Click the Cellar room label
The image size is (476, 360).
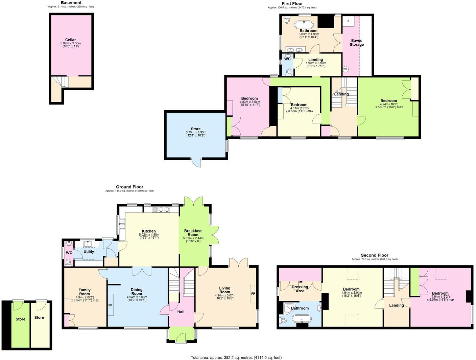click(70, 40)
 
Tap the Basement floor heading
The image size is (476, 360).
click(71, 3)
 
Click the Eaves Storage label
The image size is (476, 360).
click(356, 42)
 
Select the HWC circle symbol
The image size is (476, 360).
click(345, 69)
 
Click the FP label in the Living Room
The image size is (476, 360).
click(253, 294)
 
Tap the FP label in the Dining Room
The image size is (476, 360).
click(110, 305)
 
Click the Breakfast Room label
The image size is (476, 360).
click(193, 233)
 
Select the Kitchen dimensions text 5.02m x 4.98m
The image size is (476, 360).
click(149, 235)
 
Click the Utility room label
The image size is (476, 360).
click(89, 252)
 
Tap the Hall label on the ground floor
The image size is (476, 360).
click(181, 312)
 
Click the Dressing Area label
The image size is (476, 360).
click(300, 289)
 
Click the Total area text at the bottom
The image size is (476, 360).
click(236, 357)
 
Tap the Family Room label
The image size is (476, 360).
click(85, 292)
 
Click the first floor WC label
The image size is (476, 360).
click(287, 59)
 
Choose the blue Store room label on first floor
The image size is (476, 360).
click(195, 129)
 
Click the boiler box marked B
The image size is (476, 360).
click(348, 21)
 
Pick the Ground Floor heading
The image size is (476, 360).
click(129, 187)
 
